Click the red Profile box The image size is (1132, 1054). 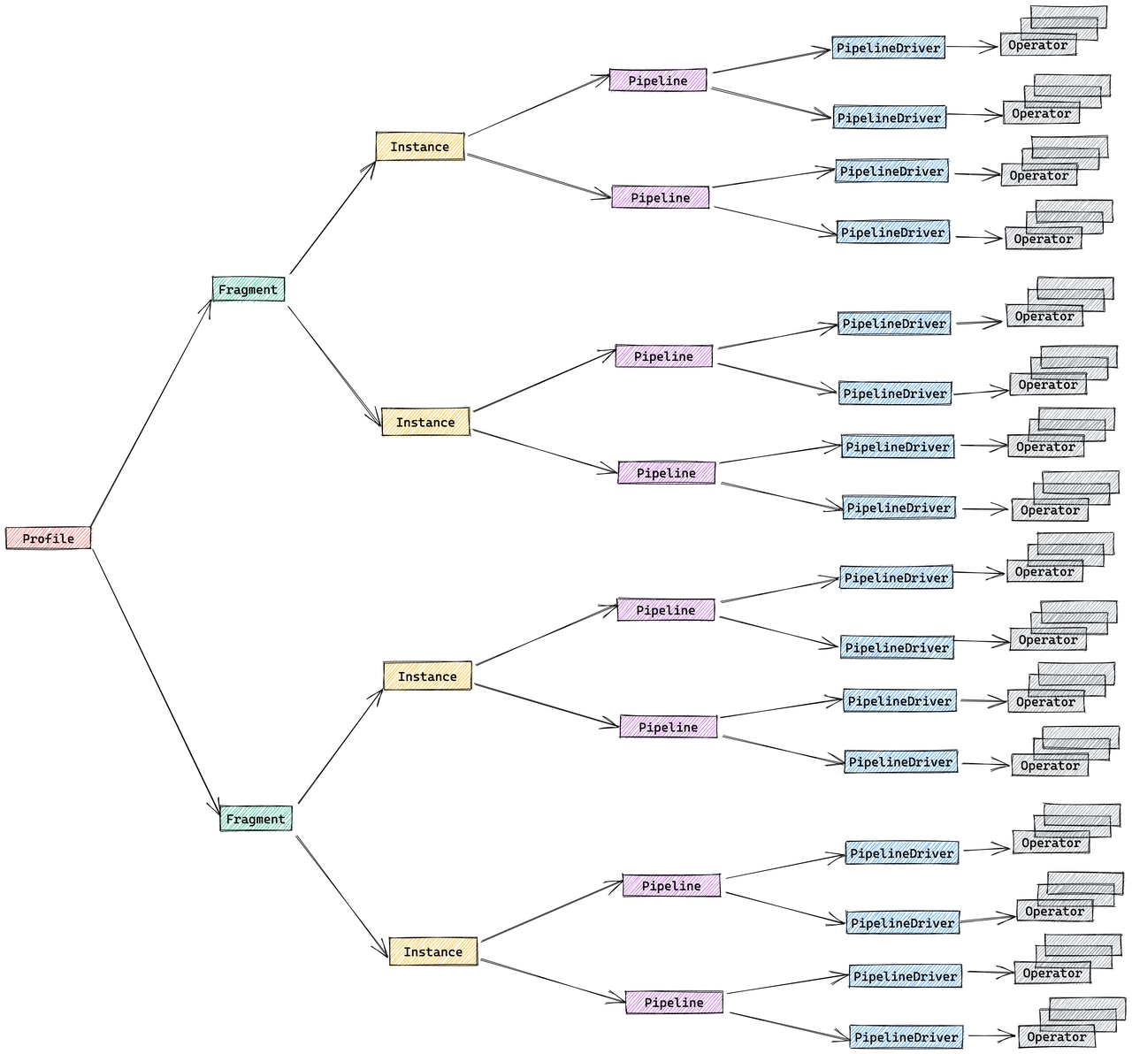[49, 538]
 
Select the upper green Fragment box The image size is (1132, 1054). [249, 289]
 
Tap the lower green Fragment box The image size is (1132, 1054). [256, 819]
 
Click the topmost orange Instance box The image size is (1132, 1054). [420, 147]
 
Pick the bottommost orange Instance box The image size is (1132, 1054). [433, 951]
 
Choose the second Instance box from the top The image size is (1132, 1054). [425, 422]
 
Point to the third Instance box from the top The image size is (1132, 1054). [427, 676]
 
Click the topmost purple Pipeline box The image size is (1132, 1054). [658, 80]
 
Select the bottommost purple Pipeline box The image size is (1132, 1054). [674, 1002]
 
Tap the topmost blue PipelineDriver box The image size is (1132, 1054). [889, 48]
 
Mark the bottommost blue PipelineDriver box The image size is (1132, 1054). [906, 1036]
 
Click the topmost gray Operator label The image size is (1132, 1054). [1038, 45]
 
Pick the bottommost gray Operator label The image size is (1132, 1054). [1057, 1036]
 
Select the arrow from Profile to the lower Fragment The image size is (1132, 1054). [156, 676]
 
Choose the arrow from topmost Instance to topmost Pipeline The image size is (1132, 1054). [538, 106]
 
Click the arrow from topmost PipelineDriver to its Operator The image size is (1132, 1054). [972, 47]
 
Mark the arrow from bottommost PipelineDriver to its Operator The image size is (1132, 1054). [991, 1035]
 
